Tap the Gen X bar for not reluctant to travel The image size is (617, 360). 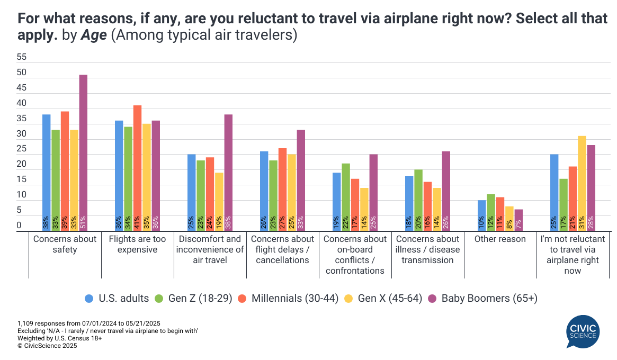(567, 183)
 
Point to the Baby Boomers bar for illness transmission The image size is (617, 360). (446, 191)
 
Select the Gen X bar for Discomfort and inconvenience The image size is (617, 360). (219, 202)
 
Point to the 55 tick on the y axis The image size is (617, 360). (22, 57)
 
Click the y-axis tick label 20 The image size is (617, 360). (22, 164)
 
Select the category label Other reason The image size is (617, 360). (500, 239)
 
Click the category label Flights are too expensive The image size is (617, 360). (137, 244)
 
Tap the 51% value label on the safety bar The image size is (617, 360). (83, 222)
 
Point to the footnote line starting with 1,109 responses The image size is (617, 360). (89, 323)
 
